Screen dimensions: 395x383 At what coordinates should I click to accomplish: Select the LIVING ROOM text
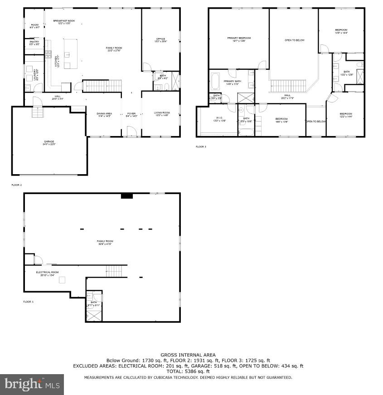[x=160, y=114]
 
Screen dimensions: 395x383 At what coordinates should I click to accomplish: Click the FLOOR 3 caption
[x=200, y=147]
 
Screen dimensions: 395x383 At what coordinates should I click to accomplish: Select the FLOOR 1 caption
[x=28, y=302]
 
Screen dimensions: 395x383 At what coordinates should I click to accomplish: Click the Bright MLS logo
[x=32, y=385]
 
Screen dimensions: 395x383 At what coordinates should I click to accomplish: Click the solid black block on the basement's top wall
[x=126, y=196]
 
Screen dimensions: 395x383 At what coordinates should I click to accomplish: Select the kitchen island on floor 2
[x=71, y=54]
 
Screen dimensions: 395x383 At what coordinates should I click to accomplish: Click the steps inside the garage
[x=36, y=112]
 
